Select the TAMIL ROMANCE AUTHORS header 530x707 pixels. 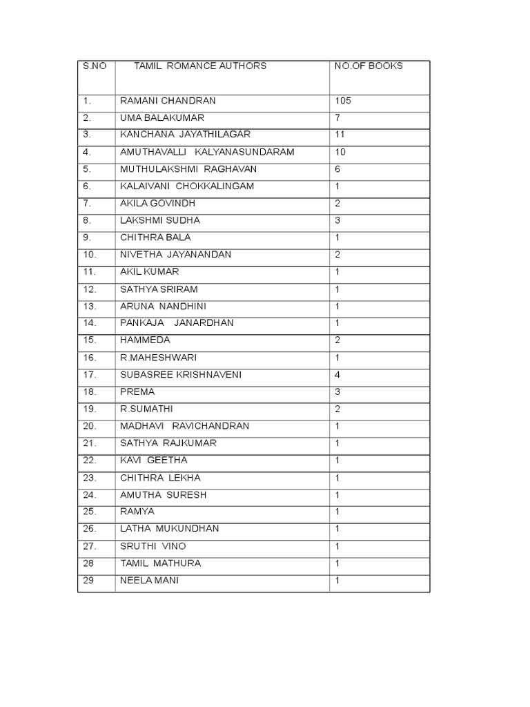[x=200, y=66]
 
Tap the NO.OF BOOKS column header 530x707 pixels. [x=369, y=66]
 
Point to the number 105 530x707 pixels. [x=343, y=101]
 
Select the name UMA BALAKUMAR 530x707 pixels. [x=162, y=118]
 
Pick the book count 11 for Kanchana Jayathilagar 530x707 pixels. [x=340, y=135]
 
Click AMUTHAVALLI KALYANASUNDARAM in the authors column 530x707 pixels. [x=207, y=152]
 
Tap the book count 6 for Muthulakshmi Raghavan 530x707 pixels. [x=337, y=169]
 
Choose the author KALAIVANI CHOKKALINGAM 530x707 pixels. [x=187, y=186]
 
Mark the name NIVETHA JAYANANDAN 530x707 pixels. [x=176, y=255]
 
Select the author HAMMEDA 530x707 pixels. [x=145, y=340]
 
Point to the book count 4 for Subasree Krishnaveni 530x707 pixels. [x=337, y=375]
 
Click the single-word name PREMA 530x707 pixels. [x=137, y=392]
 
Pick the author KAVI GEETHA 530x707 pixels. [x=154, y=461]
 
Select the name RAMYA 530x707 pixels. [x=137, y=512]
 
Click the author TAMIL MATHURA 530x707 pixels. [x=161, y=563]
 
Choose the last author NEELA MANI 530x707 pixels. [x=149, y=581]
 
